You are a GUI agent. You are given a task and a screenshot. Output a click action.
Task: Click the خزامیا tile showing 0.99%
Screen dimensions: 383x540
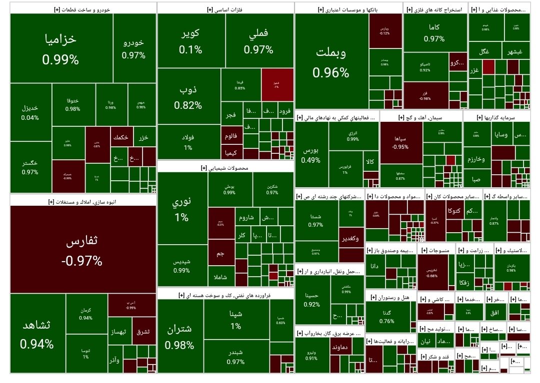pos(60,48)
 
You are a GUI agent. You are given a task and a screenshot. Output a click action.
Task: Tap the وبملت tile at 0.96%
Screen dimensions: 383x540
pos(331,61)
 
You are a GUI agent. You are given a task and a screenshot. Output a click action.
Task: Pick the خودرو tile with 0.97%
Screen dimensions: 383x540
pos(134,48)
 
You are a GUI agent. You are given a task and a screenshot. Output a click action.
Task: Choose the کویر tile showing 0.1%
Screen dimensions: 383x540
pos(190,41)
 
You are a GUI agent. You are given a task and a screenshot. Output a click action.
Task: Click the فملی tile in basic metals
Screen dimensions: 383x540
pos(258,41)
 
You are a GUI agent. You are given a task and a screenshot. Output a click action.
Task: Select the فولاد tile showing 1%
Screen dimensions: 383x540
pos(188,141)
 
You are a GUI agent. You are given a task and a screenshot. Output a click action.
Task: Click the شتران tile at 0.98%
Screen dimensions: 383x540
pos(179,336)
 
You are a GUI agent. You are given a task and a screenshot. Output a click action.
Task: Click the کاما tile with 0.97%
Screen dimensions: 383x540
pos(434,33)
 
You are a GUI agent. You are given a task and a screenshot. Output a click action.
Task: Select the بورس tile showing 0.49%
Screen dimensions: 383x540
pos(311,155)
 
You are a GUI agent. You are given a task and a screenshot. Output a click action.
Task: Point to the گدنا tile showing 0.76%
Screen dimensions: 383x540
pos(386,317)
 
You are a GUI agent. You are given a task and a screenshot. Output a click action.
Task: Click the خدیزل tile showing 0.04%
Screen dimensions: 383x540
pos(30,112)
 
